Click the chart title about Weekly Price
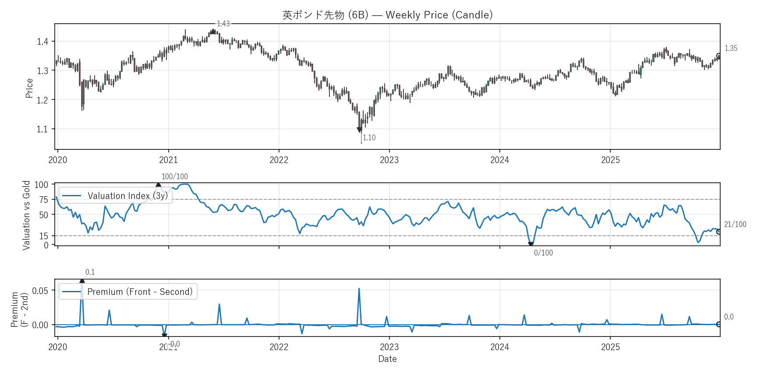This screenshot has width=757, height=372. point(387,15)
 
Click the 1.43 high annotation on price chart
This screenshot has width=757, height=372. point(223,24)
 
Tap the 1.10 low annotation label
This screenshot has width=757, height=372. point(369,138)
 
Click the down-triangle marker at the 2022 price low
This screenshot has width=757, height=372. point(360,130)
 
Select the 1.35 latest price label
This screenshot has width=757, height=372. point(731,48)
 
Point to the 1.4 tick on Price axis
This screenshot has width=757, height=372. point(42,42)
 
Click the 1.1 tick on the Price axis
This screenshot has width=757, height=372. point(42,129)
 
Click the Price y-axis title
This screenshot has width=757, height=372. point(29,88)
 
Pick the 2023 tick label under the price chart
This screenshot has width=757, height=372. point(389,160)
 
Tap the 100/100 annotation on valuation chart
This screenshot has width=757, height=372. point(174,177)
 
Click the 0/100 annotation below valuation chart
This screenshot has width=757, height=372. point(543,253)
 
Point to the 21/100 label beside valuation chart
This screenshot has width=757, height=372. point(735,224)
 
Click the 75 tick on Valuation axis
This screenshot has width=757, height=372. point(44,200)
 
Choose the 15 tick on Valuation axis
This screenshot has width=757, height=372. point(44,236)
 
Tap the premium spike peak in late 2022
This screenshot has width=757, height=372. point(359,289)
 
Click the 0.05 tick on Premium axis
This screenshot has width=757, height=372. point(40,291)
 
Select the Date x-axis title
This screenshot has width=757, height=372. point(387,359)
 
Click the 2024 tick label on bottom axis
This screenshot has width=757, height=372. point(499,347)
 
